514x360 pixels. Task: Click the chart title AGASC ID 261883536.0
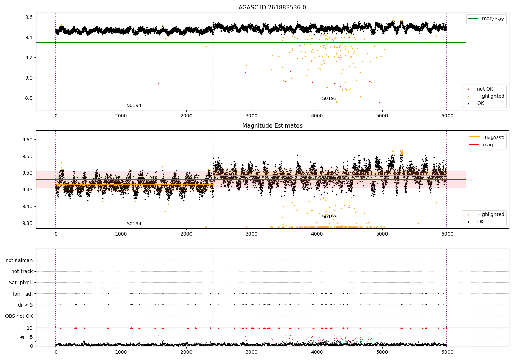(x=272, y=8)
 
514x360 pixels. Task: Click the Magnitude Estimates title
(x=272, y=126)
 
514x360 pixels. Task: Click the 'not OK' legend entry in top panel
(x=485, y=89)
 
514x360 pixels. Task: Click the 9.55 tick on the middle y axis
(x=27, y=156)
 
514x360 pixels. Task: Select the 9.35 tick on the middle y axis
(x=27, y=223)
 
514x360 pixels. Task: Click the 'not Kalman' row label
(x=19, y=260)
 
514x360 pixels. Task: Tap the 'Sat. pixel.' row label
(x=21, y=283)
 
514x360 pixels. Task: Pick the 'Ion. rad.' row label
(x=23, y=294)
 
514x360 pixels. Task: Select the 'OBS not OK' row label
(x=19, y=316)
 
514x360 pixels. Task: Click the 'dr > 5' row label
(x=25, y=305)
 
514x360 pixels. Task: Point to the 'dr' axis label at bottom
(x=22, y=337)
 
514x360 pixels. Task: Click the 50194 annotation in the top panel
(x=134, y=106)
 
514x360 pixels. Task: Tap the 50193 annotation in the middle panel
(x=329, y=217)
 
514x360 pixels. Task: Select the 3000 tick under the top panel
(x=252, y=116)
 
